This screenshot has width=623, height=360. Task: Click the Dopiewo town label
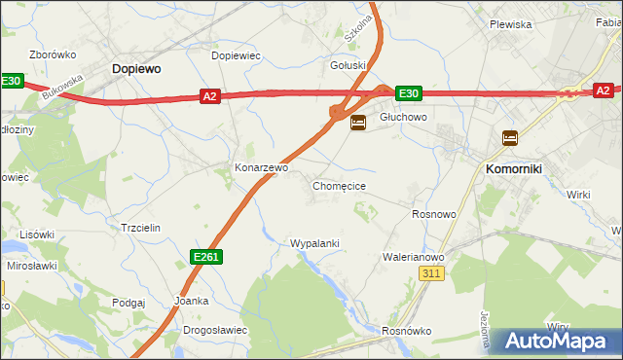coord(136,69)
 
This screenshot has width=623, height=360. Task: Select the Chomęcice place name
coord(339,185)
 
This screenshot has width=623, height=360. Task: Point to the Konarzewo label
coord(261,167)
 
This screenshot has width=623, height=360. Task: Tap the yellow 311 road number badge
coord(433,275)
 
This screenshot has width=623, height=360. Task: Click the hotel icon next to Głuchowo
coord(358,123)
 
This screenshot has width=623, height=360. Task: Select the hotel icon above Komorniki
coord(509,138)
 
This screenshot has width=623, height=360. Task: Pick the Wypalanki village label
coord(314,243)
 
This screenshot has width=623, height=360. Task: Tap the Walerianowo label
coord(414,257)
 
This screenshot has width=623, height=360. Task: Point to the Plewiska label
coord(510,24)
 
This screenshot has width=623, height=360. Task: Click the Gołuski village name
coord(348,66)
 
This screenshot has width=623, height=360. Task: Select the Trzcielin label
coord(139,227)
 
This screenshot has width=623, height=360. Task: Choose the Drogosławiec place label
coord(215,330)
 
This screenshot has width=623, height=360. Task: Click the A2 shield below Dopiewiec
coord(210,95)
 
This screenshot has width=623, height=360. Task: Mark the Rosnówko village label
coord(407,331)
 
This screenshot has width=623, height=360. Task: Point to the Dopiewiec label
coord(237,55)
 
